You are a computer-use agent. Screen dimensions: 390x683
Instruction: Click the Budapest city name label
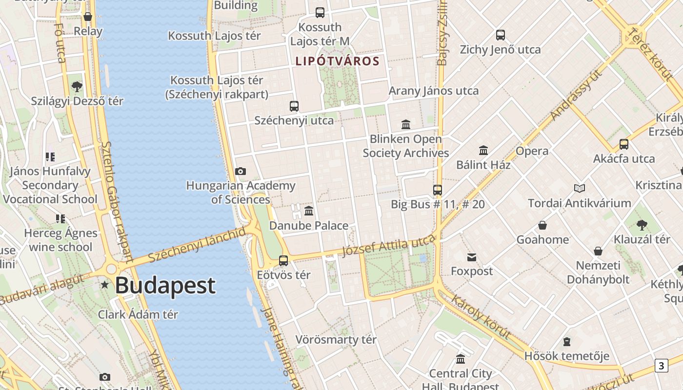(x=165, y=286)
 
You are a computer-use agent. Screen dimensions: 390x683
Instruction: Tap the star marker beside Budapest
(x=104, y=285)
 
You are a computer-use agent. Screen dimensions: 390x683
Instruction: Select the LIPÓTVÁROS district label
(x=337, y=61)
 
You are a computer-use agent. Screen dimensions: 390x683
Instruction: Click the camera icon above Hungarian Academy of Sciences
(x=241, y=171)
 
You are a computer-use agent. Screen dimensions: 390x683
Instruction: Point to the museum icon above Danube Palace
(x=309, y=211)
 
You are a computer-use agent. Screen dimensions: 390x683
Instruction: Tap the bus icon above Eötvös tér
(x=283, y=260)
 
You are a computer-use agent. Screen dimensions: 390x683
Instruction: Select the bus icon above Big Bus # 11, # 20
(x=438, y=190)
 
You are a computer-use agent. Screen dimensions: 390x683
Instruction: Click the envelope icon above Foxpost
(x=472, y=257)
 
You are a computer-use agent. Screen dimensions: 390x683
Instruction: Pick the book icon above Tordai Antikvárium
(x=580, y=188)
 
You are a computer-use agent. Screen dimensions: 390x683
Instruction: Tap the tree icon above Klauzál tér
(x=642, y=225)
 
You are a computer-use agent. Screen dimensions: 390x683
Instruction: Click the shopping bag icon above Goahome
(x=542, y=225)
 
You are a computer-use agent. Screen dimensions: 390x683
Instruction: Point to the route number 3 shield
(x=661, y=366)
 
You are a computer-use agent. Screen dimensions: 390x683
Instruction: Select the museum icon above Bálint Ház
(x=483, y=150)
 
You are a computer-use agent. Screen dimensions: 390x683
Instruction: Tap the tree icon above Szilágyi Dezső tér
(x=77, y=87)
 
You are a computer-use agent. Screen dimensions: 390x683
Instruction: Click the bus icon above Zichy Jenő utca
(x=501, y=35)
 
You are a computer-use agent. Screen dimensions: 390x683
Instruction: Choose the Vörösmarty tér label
(x=336, y=340)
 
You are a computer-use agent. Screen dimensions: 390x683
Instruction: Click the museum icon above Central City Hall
(x=461, y=359)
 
